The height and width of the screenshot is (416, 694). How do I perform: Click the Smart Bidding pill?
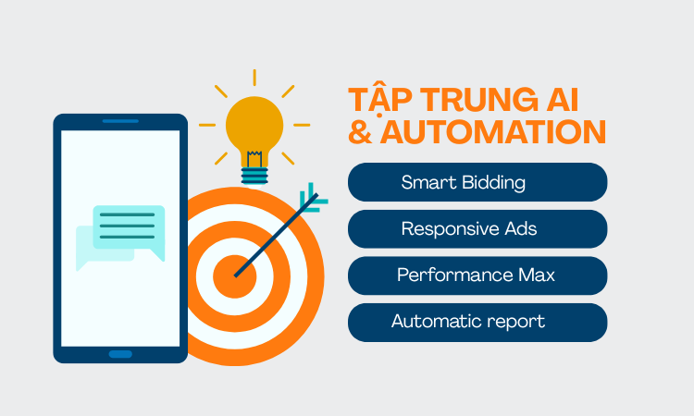click(477, 182)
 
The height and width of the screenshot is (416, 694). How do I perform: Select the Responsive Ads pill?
click(477, 228)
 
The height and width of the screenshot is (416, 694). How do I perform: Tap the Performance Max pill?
click(477, 275)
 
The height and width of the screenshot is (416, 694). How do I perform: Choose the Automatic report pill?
click(477, 322)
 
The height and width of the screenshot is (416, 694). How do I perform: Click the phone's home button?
click(120, 353)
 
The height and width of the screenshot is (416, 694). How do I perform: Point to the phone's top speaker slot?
click(120, 121)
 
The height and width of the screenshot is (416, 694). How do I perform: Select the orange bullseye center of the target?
click(233, 275)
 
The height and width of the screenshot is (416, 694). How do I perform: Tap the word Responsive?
click(447, 229)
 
